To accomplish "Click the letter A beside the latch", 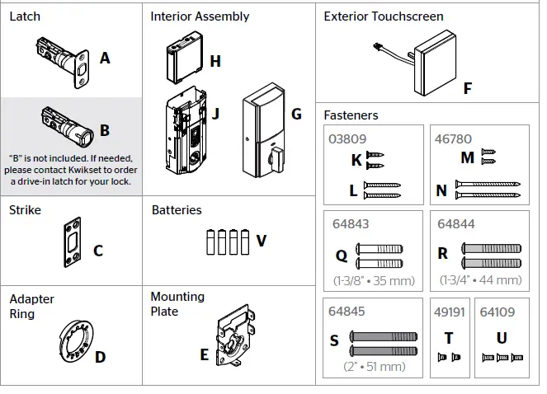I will click(105, 59).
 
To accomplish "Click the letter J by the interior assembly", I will click(215, 114).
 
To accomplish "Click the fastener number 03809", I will click(347, 140).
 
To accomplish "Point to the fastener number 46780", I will click(452, 140).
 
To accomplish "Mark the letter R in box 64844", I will click(443, 254).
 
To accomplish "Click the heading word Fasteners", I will click(351, 115).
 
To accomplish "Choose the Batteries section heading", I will click(177, 210).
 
